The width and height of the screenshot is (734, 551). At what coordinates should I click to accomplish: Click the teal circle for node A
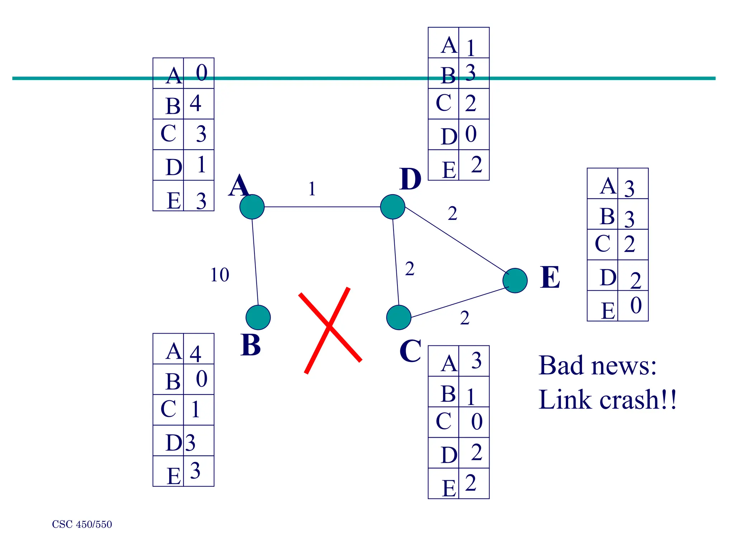click(x=252, y=207)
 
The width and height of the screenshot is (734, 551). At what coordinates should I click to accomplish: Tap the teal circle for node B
click(x=258, y=317)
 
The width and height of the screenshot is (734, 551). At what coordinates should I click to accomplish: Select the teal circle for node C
click(x=399, y=317)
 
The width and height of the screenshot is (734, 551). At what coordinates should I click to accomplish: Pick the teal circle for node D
click(x=392, y=207)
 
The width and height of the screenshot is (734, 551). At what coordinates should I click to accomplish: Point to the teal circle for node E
click(x=515, y=281)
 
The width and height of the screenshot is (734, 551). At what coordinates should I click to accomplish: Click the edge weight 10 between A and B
click(x=219, y=275)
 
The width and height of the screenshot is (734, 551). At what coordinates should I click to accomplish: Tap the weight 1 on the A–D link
click(x=312, y=189)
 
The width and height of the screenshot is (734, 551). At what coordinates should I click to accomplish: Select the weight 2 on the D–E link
click(x=452, y=214)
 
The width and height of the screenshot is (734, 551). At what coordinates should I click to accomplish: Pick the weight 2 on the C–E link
click(x=464, y=318)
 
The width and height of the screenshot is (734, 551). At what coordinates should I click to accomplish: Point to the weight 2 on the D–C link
click(x=410, y=269)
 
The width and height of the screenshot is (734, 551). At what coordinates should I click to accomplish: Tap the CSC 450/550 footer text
click(x=82, y=524)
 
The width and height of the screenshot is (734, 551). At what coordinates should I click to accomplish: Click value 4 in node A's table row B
click(x=195, y=104)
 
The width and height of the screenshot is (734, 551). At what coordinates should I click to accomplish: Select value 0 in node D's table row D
click(x=471, y=134)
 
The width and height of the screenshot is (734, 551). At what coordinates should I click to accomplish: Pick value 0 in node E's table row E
click(x=636, y=306)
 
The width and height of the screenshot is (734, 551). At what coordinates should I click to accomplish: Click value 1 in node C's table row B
click(x=471, y=397)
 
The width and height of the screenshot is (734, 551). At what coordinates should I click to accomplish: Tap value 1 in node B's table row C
click(x=195, y=409)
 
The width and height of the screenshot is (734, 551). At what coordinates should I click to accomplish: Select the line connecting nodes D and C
click(x=396, y=262)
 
